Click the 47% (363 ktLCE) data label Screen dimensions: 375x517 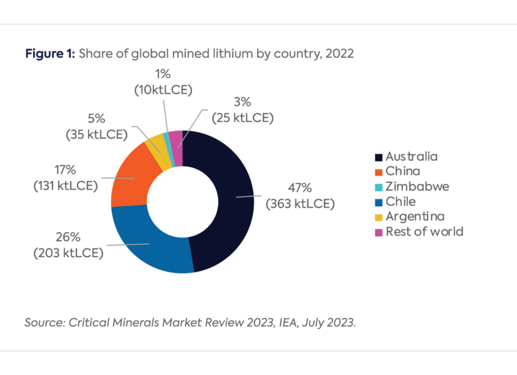(x=300, y=196)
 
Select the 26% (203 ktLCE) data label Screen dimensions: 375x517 (x=67, y=245)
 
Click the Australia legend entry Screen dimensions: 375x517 (x=410, y=156)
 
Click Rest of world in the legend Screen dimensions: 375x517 (x=423, y=232)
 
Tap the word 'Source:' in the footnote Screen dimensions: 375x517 (x=43, y=322)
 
